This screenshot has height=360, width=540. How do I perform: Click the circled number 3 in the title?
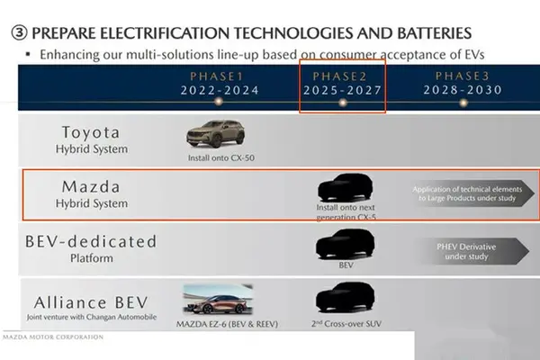pyautogui.click(x=19, y=33)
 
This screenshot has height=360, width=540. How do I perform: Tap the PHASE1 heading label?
pyautogui.click(x=217, y=76)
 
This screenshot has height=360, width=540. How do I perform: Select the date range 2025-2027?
pyautogui.click(x=343, y=90)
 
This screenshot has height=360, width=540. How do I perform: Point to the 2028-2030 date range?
pyautogui.click(x=463, y=90)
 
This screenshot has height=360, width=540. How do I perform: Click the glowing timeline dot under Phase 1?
pyautogui.click(x=218, y=102)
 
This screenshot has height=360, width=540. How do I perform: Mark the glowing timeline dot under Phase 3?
pyautogui.click(x=463, y=103)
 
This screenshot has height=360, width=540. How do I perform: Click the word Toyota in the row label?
pyautogui.click(x=91, y=132)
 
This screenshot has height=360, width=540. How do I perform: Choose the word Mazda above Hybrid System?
pyautogui.click(x=91, y=187)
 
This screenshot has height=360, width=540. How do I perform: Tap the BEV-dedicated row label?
pyautogui.click(x=91, y=241)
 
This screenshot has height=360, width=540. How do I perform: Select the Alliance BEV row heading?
pyautogui.click(x=91, y=302)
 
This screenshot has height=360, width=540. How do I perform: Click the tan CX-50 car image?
pyautogui.click(x=216, y=134)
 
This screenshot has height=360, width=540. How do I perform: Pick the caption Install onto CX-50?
pyautogui.click(x=221, y=158)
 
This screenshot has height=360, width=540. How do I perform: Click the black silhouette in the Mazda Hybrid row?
pyautogui.click(x=346, y=187)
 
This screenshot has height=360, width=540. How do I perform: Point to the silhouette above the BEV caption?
pyautogui.click(x=346, y=244)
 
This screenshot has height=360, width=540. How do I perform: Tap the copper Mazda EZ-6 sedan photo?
pyautogui.click(x=218, y=300)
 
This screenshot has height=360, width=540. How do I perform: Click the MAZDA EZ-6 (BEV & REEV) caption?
pyautogui.click(x=227, y=324)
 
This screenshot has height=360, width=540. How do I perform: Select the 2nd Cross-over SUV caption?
pyautogui.click(x=346, y=324)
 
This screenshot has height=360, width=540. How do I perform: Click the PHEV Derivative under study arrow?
pyautogui.click(x=472, y=251)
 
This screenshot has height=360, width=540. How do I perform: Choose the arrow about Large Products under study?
pyautogui.click(x=472, y=193)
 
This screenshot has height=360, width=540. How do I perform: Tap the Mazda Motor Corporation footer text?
pyautogui.click(x=53, y=337)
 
